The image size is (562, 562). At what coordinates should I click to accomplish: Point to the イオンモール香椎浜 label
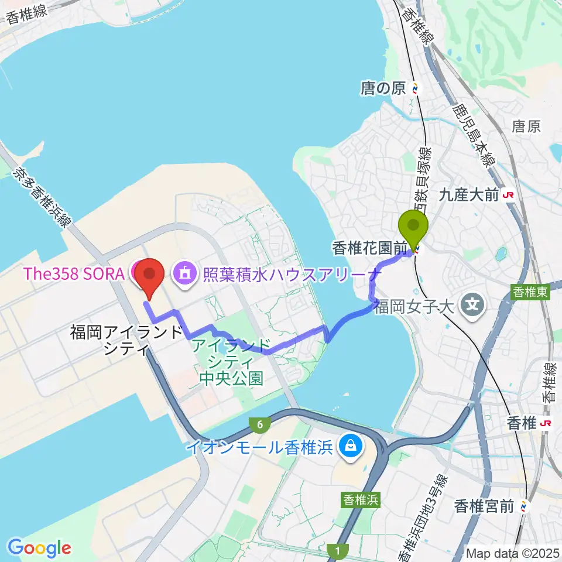pos(259,448)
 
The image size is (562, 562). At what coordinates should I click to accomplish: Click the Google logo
pos(39,548)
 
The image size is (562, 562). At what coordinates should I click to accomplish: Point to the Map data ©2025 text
pos(512,551)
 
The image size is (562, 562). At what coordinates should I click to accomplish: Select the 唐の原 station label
pos(383,89)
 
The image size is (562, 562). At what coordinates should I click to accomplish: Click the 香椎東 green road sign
pos(532,293)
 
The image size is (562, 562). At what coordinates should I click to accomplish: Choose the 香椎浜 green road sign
pos(361,499)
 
